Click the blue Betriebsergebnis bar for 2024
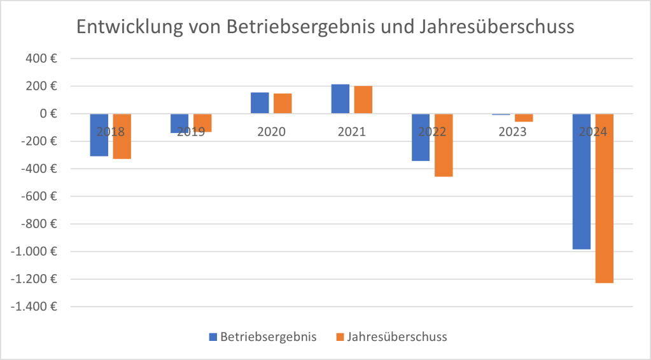pyautogui.click(x=582, y=181)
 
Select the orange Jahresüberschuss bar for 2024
pyautogui.click(x=605, y=198)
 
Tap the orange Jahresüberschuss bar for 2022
pyautogui.click(x=444, y=145)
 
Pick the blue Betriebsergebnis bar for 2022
pyautogui.click(x=421, y=137)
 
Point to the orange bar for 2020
pyautogui.click(x=283, y=104)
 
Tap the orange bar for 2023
pyautogui.click(x=524, y=118)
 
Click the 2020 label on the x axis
pyautogui.click(x=271, y=132)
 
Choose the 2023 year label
pyautogui.click(x=512, y=132)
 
